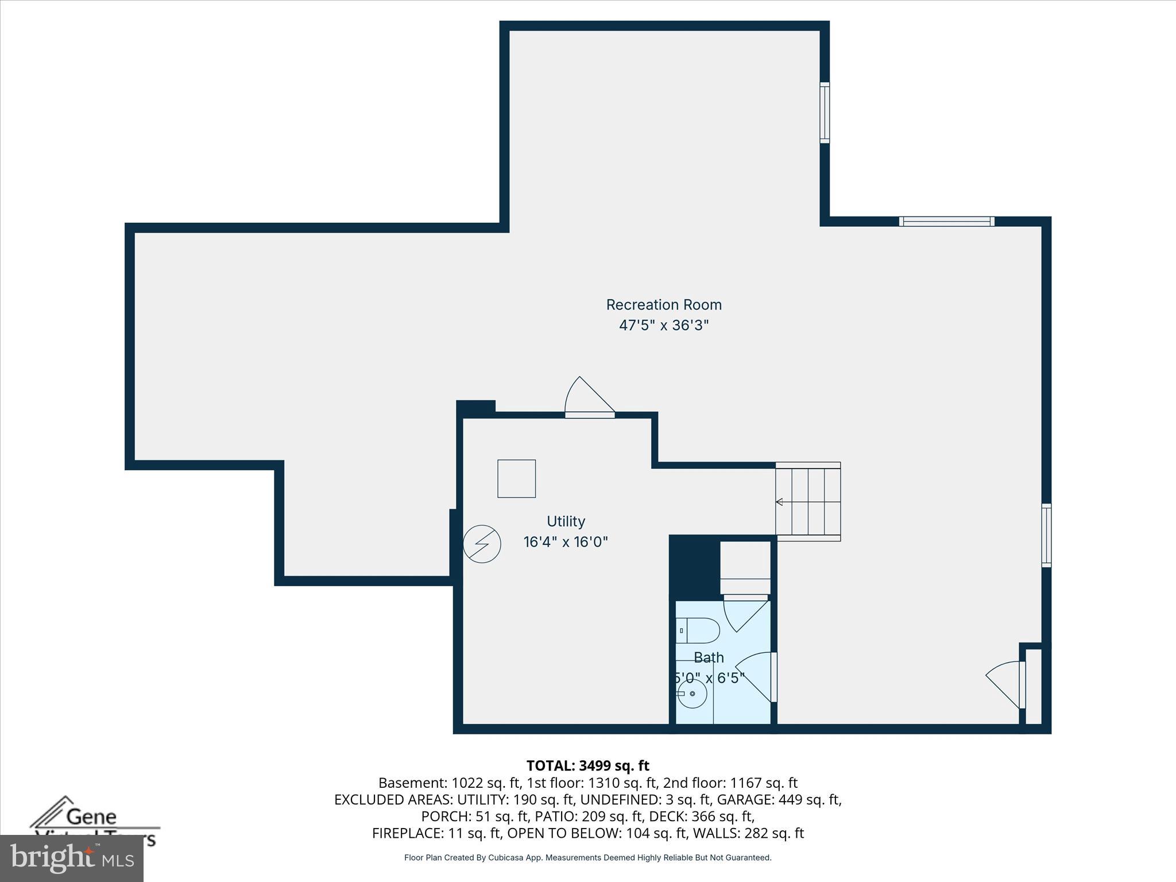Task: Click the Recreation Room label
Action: pos(663,305)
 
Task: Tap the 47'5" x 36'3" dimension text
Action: pos(663,326)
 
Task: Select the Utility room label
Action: pos(566,521)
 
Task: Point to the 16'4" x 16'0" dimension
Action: pos(566,542)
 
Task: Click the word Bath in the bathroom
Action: pos(709,657)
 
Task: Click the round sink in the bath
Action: pos(693,694)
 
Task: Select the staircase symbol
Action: pos(808,502)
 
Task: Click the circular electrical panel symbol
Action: pos(482,544)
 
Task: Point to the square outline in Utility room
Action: pos(516,478)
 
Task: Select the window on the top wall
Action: pos(946,222)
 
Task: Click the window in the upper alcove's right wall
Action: pos(824,113)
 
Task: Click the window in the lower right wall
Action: pos(1046,535)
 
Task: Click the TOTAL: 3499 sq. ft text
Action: pos(587,765)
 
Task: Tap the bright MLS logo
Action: pos(72,858)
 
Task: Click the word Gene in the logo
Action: pos(91,817)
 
